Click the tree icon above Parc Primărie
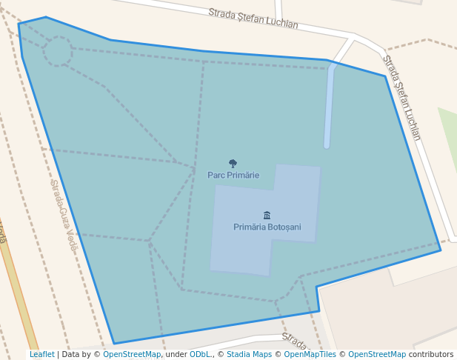pyautogui.click(x=233, y=164)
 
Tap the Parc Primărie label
pyautogui.click(x=233, y=176)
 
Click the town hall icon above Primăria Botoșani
pyautogui.click(x=267, y=216)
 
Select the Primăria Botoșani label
pyautogui.click(x=267, y=227)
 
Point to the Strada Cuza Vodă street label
pyautogui.click(x=63, y=214)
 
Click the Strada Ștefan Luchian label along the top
pyautogui.click(x=253, y=19)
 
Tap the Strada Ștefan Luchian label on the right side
pyautogui.click(x=402, y=97)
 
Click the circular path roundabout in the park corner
pyautogui.click(x=58, y=51)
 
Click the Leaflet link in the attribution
pyautogui.click(x=41, y=354)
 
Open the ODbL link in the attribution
pyautogui.click(x=199, y=354)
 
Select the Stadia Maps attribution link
pyautogui.click(x=248, y=354)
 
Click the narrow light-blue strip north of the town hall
pyautogui.click(x=328, y=107)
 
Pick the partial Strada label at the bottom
pyautogui.click(x=294, y=341)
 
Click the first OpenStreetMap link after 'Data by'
pyautogui.click(x=132, y=354)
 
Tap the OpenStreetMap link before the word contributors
pyautogui.click(x=377, y=354)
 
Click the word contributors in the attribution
pyautogui.click(x=430, y=354)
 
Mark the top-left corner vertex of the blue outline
pyautogui.click(x=19, y=24)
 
